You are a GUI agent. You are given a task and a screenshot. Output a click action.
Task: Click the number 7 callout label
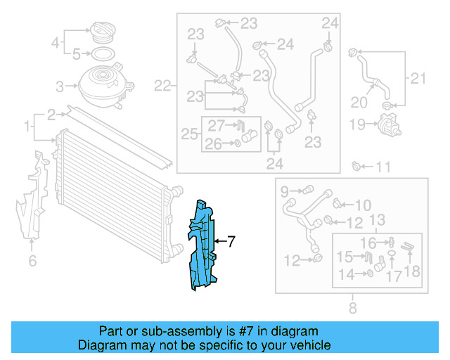[x=231, y=241]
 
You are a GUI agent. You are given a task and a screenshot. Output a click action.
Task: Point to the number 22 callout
[x=162, y=86]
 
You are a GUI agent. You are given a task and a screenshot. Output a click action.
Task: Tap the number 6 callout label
[x=32, y=262]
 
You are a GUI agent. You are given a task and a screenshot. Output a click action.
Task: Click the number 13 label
[x=377, y=220]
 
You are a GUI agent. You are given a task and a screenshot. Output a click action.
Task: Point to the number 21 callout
[x=418, y=78]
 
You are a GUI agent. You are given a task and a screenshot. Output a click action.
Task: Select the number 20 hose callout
[x=359, y=103]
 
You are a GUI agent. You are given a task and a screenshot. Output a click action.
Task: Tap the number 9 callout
[x=285, y=191]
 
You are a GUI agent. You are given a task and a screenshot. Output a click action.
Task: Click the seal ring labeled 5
[x=101, y=53]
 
